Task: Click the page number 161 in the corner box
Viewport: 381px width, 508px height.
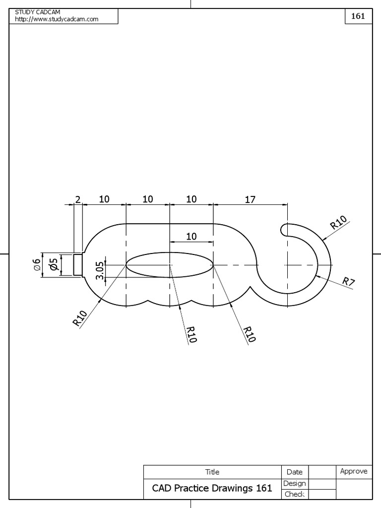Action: pos(358,16)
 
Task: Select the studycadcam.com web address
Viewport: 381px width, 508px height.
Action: pos(57,19)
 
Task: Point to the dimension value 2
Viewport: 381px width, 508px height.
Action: pos(77,199)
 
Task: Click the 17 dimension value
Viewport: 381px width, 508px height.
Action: pos(250,199)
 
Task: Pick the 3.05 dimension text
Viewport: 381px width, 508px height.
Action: pos(100,270)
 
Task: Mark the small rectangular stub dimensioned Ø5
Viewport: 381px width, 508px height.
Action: pos(78,265)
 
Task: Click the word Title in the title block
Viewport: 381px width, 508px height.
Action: pos(212,472)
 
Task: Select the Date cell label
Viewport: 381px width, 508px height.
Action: pos(294,472)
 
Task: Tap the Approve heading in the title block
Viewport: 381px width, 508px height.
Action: pos(353,471)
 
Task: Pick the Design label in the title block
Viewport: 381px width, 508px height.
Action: pos(294,483)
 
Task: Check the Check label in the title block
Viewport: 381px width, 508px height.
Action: pos(294,494)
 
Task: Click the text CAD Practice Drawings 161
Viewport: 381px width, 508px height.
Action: pos(212,488)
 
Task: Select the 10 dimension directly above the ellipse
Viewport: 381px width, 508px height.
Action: pos(191,237)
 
